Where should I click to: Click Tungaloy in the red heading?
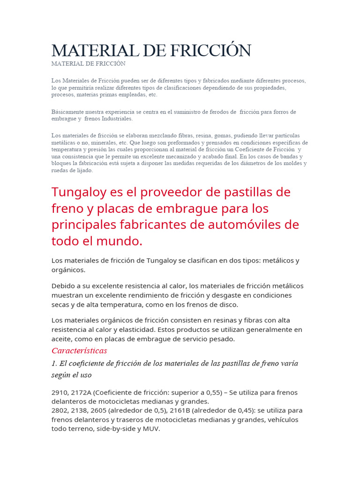(77, 192)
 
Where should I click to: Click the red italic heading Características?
(79, 351)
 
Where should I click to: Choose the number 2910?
(60, 392)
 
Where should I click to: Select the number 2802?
(60, 410)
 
